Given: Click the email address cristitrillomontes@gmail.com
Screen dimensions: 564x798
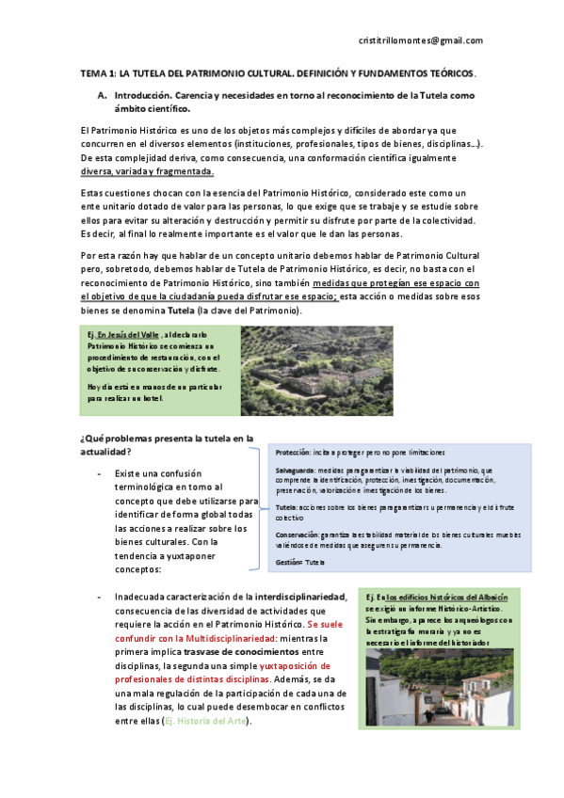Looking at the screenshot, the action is [x=421, y=40].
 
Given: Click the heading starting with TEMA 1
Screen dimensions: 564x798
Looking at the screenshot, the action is [x=278, y=73].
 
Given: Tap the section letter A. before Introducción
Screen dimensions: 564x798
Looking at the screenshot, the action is [x=102, y=96].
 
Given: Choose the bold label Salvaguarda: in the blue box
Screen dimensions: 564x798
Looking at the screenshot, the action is [x=296, y=469].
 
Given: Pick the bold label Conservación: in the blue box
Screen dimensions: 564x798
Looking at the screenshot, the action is [x=298, y=535].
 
